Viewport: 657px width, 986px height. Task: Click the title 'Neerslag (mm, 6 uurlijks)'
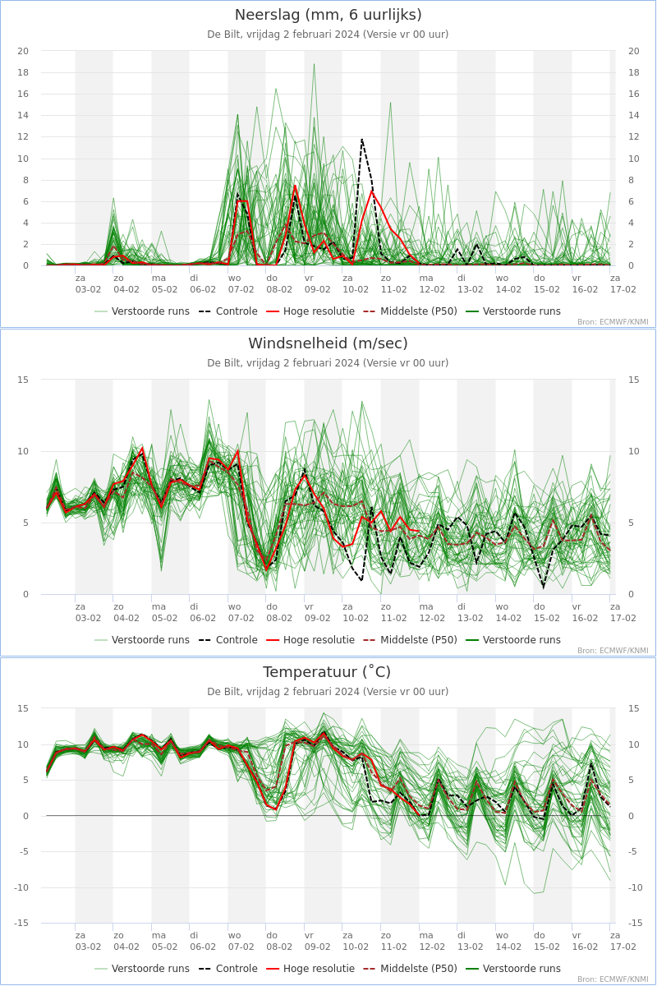[x=328, y=15]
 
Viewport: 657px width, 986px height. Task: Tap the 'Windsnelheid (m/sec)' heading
[x=328, y=343]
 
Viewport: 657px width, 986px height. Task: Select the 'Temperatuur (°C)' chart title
[x=328, y=672]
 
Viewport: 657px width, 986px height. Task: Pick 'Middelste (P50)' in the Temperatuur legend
[x=418, y=969]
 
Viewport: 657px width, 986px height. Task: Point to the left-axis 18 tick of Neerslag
[x=23, y=72]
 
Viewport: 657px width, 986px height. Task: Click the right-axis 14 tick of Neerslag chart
[x=633, y=115]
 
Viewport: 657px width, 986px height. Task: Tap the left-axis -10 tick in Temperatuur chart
[x=21, y=887]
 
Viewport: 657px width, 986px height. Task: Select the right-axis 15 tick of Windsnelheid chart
[x=633, y=380]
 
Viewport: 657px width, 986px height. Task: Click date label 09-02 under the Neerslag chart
[x=318, y=289]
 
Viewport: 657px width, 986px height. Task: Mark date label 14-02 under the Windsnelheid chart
[x=508, y=618]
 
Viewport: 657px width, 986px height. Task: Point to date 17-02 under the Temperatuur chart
[x=623, y=947]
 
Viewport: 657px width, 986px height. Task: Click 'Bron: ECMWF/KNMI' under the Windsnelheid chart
[x=613, y=651]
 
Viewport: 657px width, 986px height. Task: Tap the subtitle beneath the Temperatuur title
[x=328, y=692]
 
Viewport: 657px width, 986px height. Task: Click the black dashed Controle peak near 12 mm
[x=362, y=139]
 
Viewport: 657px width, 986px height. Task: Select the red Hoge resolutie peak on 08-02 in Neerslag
[x=295, y=186]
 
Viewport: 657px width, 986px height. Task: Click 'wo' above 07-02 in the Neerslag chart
[x=235, y=278]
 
